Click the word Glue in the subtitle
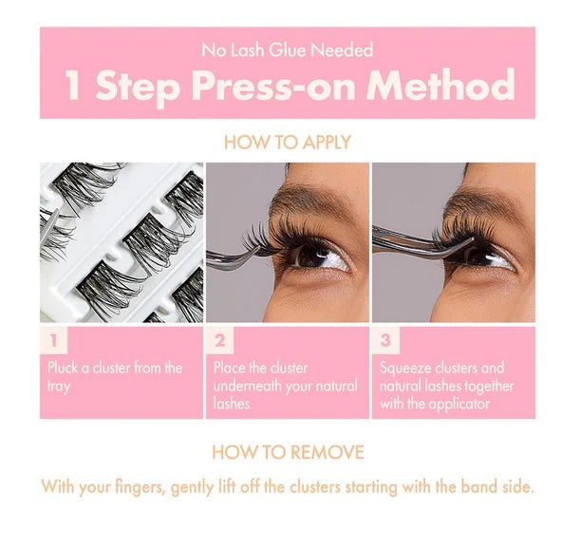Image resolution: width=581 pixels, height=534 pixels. [x=288, y=50]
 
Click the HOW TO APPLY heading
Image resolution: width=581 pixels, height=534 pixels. [x=288, y=143]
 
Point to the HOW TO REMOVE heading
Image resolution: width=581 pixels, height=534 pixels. [x=288, y=452]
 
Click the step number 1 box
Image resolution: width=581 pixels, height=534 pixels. [x=54, y=340]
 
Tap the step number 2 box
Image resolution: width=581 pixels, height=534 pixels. [x=220, y=340]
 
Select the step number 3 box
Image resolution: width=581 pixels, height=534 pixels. [x=386, y=340]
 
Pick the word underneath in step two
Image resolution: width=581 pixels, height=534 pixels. [x=247, y=386]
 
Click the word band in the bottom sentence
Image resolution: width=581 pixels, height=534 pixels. [x=478, y=486]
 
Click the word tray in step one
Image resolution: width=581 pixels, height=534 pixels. [x=59, y=387]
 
